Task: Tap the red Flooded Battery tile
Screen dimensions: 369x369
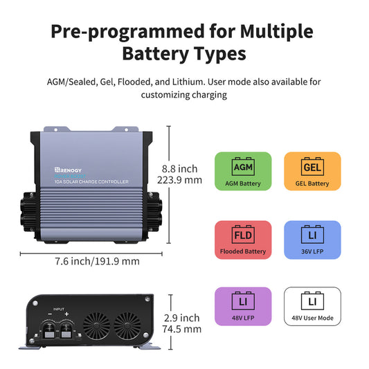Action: tap(242, 240)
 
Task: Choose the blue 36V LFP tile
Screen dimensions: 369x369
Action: tap(312, 240)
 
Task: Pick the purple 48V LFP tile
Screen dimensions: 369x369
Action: tap(242, 306)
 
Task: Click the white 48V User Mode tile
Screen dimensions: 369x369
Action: tap(312, 306)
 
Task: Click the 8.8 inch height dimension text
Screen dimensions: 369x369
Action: tap(179, 168)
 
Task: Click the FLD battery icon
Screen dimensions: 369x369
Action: tap(242, 233)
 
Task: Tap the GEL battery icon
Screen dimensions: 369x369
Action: tap(312, 167)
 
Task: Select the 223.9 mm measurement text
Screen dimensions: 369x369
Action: tap(182, 180)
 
